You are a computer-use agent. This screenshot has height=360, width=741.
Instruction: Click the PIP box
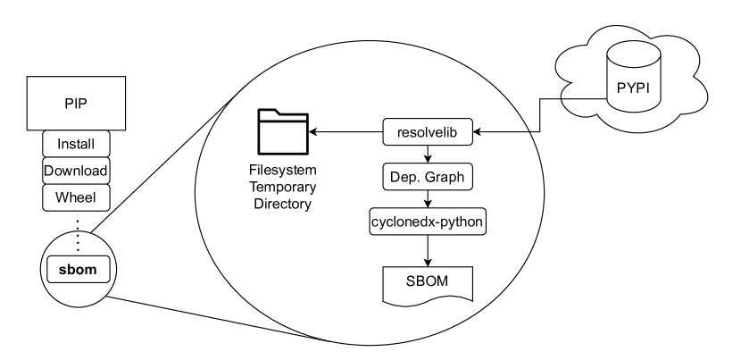[76, 103]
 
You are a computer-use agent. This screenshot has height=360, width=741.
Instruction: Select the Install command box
[76, 143]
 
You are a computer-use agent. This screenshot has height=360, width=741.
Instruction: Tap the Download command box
[76, 170]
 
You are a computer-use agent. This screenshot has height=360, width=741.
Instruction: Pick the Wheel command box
[76, 196]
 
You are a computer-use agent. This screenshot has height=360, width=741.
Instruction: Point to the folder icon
[280, 131]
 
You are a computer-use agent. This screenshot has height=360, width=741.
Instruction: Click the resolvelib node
[427, 132]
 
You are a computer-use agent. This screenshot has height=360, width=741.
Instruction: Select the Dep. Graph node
[427, 177]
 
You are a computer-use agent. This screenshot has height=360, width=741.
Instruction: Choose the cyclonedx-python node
[427, 221]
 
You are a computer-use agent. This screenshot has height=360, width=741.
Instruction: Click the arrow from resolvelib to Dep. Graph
[427, 154]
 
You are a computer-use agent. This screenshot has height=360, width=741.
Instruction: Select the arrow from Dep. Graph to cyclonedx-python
[427, 198]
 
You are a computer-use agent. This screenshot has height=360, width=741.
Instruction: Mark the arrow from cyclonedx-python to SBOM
[427, 249]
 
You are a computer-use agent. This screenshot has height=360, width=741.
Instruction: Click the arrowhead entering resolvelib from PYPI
[476, 132]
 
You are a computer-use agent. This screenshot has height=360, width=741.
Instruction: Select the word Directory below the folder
[281, 205]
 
